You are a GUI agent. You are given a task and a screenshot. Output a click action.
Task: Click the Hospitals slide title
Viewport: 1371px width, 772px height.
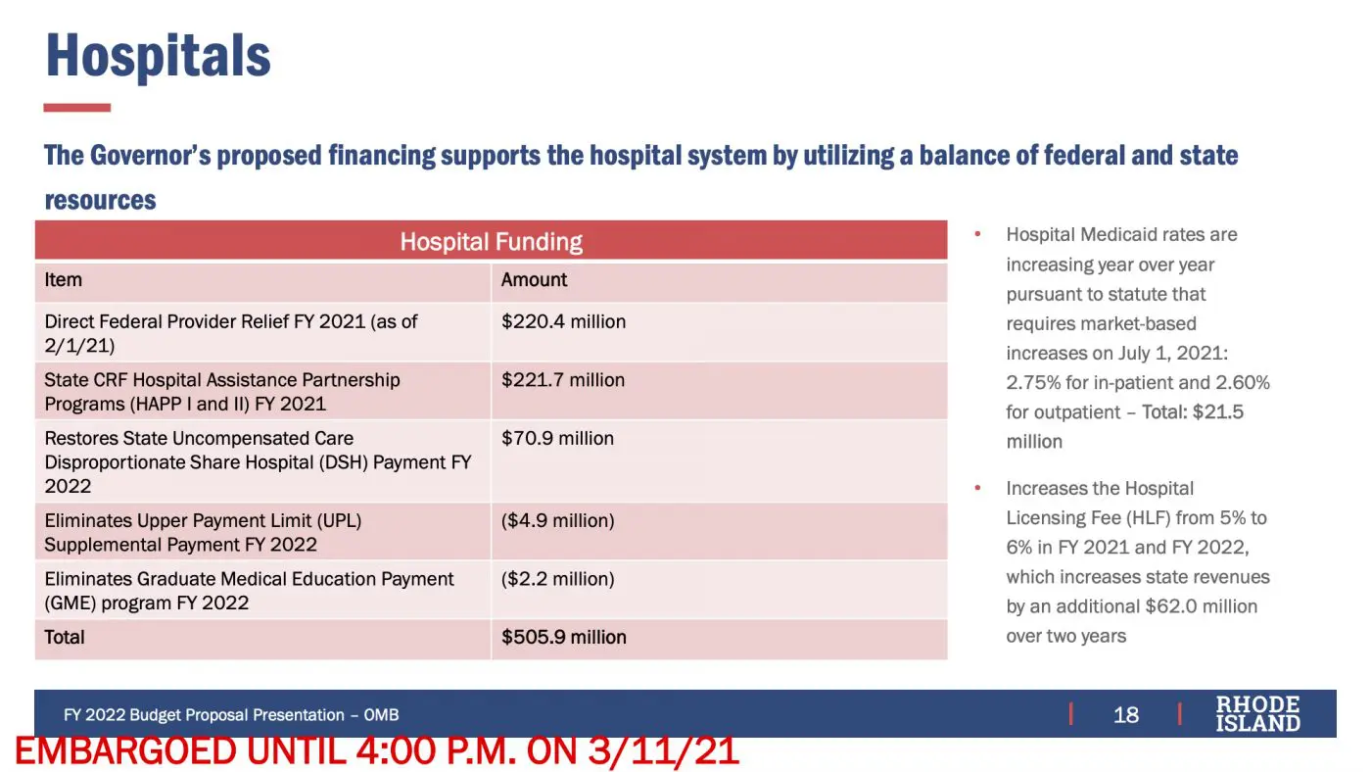(158, 56)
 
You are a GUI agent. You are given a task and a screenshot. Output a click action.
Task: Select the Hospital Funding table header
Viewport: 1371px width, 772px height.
(491, 242)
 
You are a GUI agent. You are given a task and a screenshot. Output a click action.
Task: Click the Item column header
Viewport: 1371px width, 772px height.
(63, 280)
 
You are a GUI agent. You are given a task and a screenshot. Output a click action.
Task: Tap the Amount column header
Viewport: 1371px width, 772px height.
(534, 280)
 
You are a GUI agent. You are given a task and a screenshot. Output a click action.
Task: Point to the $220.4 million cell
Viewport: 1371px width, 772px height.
(563, 321)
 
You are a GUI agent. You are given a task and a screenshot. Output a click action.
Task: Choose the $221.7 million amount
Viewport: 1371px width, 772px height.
(563, 380)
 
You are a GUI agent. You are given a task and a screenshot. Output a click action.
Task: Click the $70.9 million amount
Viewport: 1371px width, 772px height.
(557, 438)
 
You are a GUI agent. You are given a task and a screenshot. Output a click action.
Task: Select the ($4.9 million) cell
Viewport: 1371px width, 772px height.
(557, 521)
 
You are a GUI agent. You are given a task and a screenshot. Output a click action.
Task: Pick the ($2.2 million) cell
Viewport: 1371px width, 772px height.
(557, 579)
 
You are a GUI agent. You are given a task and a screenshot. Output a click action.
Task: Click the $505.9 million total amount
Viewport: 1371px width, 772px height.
(564, 638)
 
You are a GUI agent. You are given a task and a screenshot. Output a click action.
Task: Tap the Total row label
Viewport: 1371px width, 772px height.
(65, 638)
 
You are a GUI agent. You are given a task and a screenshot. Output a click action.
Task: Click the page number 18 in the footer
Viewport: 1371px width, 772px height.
(1125, 714)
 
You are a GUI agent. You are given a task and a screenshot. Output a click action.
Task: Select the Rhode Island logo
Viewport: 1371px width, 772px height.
(1257, 714)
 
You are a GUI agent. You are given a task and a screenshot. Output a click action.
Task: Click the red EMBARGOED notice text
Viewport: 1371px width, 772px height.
(377, 751)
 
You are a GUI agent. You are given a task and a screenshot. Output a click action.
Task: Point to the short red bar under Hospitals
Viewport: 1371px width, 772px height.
(77, 108)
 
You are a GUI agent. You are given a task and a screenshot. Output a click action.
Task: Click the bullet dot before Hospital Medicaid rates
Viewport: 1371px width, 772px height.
(977, 234)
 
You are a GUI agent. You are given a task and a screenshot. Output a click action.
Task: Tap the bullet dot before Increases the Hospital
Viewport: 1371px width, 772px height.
(977, 488)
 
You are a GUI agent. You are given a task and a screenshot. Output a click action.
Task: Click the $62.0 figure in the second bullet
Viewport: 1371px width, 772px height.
(1171, 606)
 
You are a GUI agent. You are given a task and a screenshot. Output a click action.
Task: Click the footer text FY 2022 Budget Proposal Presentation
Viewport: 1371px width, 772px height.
(204, 715)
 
